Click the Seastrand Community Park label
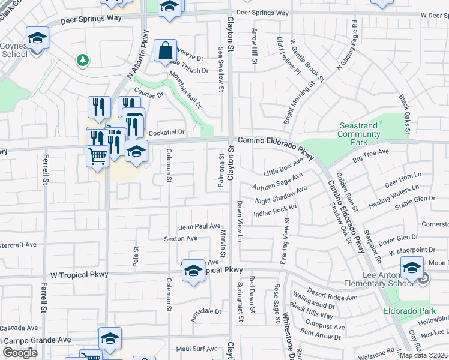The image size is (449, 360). point(358,134)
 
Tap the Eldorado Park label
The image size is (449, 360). point(410,311)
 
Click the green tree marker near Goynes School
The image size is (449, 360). point(82,60)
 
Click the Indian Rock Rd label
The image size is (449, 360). point(276,207)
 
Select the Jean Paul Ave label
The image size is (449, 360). point(200,226)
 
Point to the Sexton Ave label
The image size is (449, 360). point(181,238)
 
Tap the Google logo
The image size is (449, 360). point(20,353)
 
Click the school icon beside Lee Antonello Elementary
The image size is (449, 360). point(412,268)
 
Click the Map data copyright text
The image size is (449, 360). point(424,355)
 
